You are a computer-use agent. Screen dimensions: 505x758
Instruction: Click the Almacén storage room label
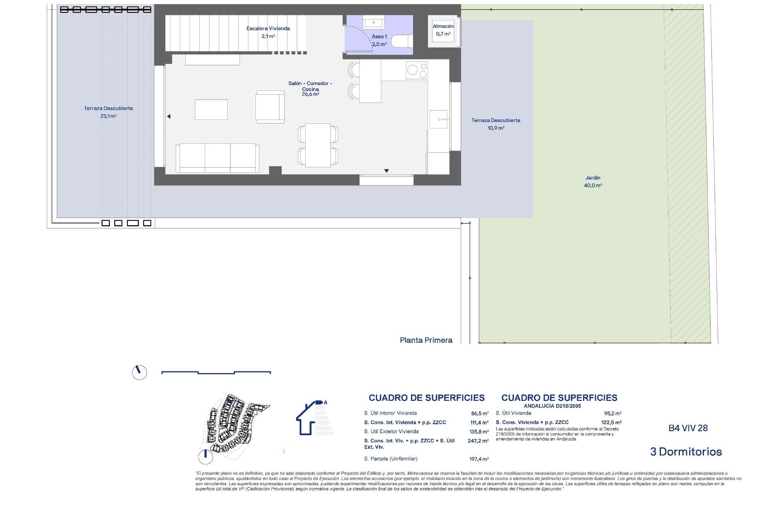443,30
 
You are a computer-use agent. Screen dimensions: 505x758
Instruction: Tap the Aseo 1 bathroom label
379,40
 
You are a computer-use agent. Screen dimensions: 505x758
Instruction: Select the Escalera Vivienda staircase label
268,32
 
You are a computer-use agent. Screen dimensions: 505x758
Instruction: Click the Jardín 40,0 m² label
593,181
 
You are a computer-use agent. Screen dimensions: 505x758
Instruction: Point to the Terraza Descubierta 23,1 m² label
108,112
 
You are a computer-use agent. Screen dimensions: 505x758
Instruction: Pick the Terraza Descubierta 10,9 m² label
495,124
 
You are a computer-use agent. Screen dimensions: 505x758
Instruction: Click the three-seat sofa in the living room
218,158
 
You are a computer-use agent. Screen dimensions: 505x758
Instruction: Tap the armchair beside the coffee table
270,107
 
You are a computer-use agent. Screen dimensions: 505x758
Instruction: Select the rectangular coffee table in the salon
211,110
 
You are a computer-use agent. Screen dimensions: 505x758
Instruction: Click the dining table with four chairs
318,145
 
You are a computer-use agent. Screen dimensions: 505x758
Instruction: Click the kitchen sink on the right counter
438,119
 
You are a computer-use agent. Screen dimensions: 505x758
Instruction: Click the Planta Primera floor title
426,340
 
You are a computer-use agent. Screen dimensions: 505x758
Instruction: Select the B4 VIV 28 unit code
688,428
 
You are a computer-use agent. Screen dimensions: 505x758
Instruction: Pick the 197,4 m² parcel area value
479,459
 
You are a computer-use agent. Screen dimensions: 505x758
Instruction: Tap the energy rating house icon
312,418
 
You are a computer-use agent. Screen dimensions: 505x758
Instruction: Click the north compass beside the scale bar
139,372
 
